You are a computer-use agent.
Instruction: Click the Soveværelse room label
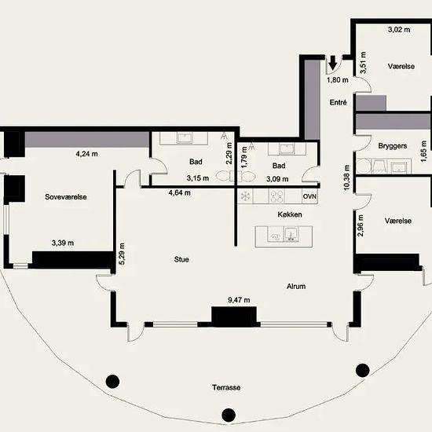[x=66, y=197]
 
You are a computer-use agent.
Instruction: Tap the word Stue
[x=181, y=259]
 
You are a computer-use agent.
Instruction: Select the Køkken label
[x=290, y=214]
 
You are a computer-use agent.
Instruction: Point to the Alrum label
[x=296, y=286]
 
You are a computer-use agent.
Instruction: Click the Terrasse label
[x=226, y=387]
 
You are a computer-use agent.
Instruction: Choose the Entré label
[x=338, y=102]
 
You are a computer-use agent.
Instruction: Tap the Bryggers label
[x=393, y=146]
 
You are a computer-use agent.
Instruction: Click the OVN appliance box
[x=309, y=196]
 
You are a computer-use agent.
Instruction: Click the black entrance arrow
[x=333, y=63]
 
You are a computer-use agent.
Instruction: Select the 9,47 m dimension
[x=239, y=300]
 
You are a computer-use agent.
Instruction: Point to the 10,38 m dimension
[x=346, y=178]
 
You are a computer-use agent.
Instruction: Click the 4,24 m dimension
[x=86, y=154]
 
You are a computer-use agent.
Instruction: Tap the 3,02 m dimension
[x=399, y=30]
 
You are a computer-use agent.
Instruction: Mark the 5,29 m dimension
[x=122, y=254]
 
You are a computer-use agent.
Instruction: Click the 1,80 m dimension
[x=338, y=80]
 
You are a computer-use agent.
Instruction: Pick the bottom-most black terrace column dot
[x=229, y=415]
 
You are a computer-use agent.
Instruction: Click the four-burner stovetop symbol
[x=276, y=196]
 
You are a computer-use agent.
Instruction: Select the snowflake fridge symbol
[x=245, y=196]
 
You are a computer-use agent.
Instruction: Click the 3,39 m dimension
[x=63, y=243]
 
